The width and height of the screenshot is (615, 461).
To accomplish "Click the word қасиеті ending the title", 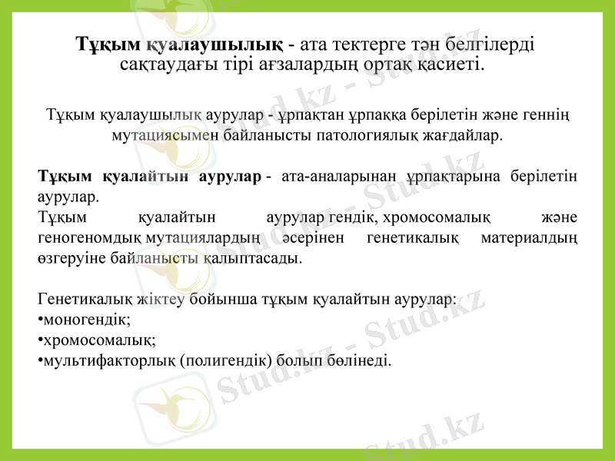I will [x=457, y=63].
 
